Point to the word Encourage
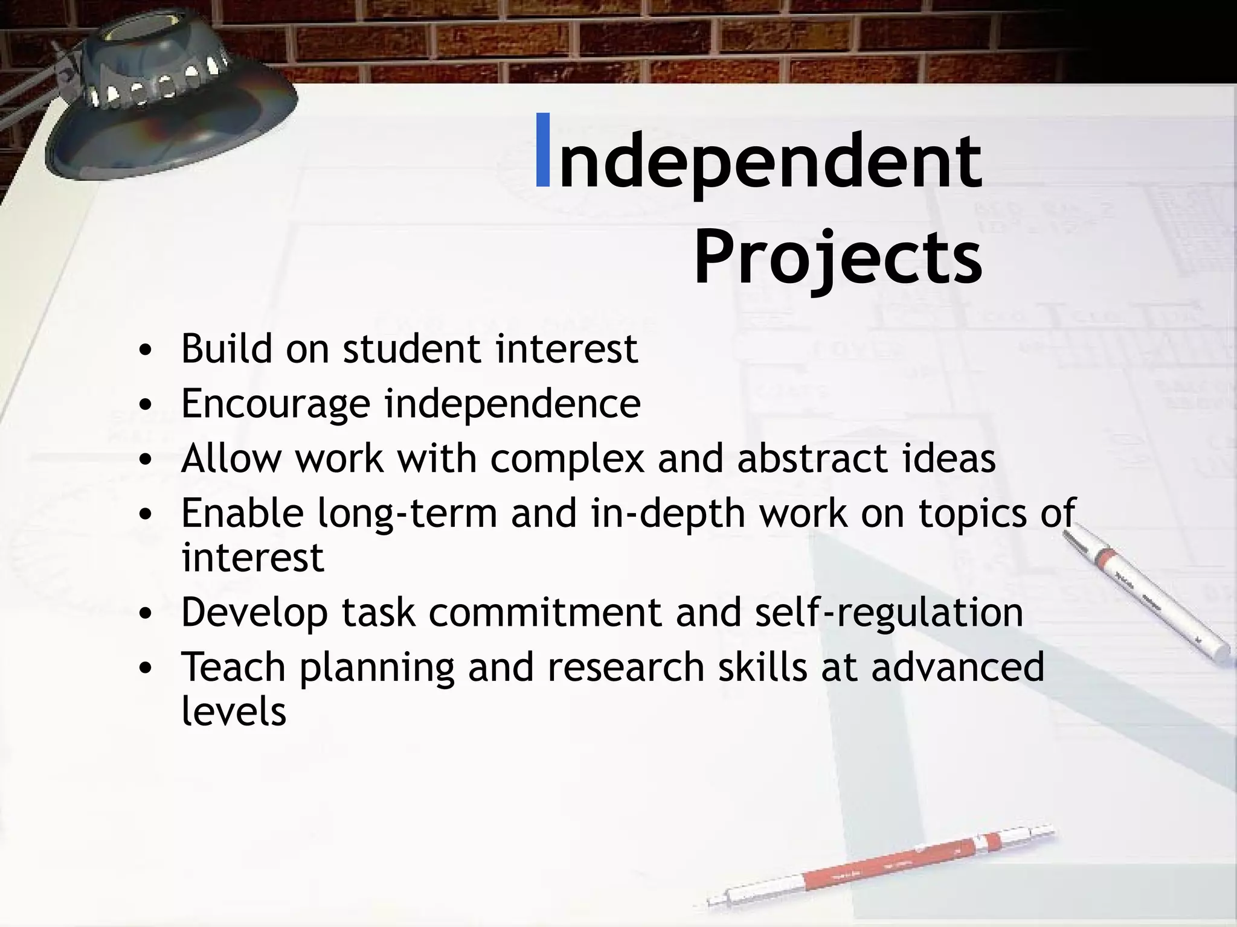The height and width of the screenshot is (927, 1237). click(275, 404)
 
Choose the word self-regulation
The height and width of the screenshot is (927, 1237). click(889, 613)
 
